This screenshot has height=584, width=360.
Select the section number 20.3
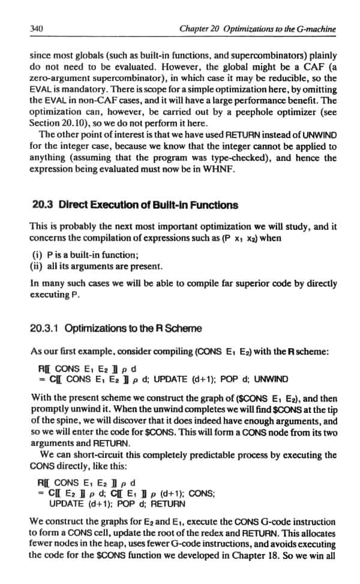point(42,205)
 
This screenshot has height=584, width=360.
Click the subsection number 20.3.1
point(44,328)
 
